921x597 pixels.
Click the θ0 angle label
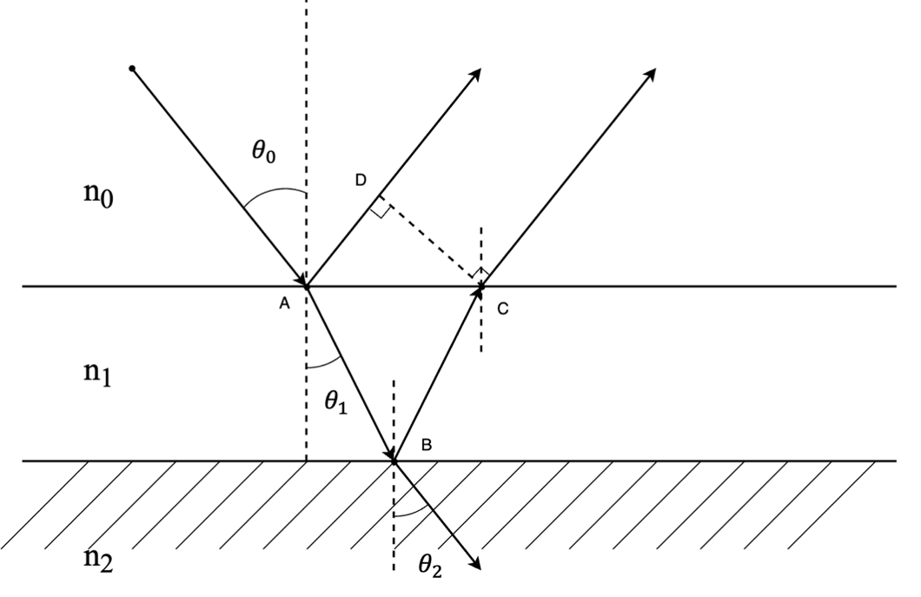pyautogui.click(x=264, y=153)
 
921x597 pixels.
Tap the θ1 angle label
pyautogui.click(x=336, y=402)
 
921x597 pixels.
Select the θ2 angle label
pyautogui.click(x=430, y=566)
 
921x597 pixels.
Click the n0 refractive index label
pyautogui.click(x=98, y=195)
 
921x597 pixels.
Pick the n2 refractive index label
pyautogui.click(x=98, y=559)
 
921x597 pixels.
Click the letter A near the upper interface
pyautogui.click(x=284, y=303)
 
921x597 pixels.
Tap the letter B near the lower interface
pyautogui.click(x=427, y=445)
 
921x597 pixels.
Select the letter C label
pyautogui.click(x=503, y=308)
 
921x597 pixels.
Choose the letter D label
pyautogui.click(x=361, y=181)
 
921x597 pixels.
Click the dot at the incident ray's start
pyautogui.click(x=132, y=69)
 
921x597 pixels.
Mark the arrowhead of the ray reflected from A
pyautogui.click(x=475, y=75)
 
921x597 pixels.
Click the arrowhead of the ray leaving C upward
pyautogui.click(x=650, y=76)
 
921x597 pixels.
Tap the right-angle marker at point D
pyautogui.click(x=382, y=209)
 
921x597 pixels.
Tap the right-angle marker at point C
pyautogui.click(x=480, y=272)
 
